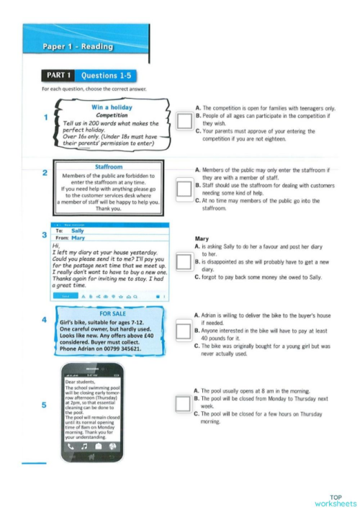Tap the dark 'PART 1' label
tap(58, 74)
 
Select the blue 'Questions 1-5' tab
tap(104, 74)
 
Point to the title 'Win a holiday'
tap(112, 108)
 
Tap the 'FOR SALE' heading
tap(113, 313)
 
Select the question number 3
tap(45, 236)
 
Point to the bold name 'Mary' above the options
tap(202, 238)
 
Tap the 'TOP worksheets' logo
tap(336, 501)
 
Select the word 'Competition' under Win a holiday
tap(112, 115)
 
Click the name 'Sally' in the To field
tap(78, 231)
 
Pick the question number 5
tap(45, 406)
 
